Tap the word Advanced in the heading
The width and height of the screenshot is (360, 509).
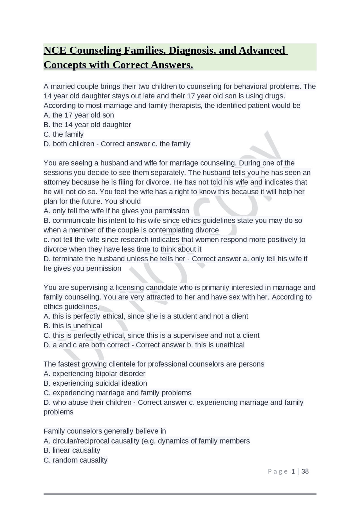(x=262, y=50)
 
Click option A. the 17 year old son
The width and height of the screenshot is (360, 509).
(x=79, y=115)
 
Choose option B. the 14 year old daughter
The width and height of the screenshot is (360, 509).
(x=87, y=125)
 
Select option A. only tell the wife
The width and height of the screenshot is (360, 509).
(x=116, y=211)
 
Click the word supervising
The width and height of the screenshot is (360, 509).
(x=90, y=288)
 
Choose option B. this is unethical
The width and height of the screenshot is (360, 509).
(x=73, y=326)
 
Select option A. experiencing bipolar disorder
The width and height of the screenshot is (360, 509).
(x=94, y=374)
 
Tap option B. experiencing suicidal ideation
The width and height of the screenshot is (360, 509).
(x=95, y=383)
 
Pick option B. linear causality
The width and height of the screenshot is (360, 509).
(x=72, y=450)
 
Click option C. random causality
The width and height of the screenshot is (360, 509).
(x=75, y=460)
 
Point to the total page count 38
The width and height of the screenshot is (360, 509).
(x=305, y=471)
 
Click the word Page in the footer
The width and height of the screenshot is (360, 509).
(x=278, y=471)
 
